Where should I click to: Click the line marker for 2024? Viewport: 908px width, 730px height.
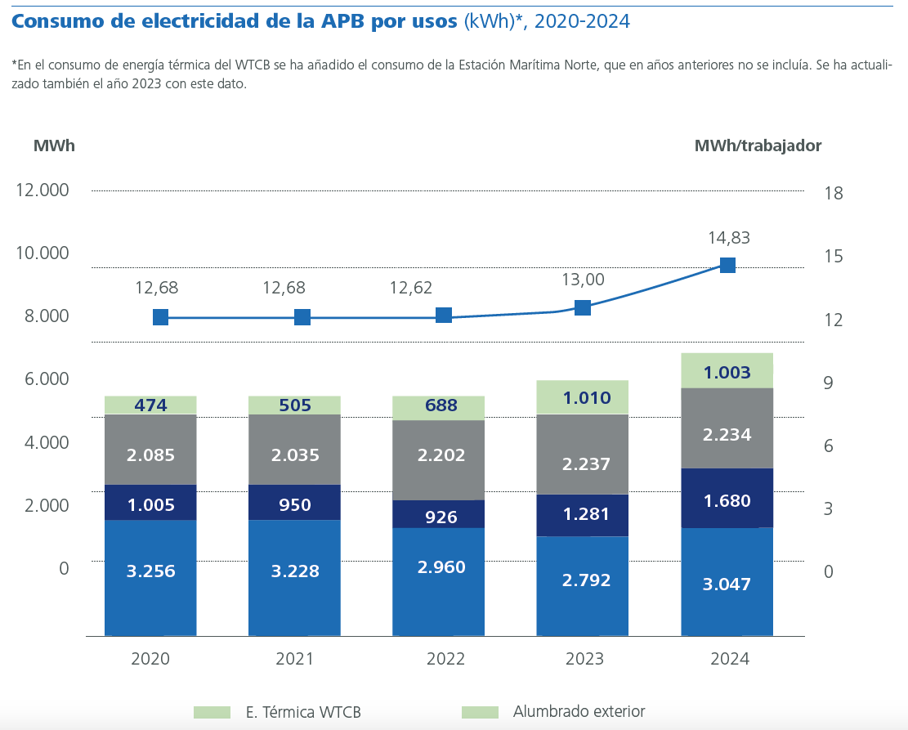click(x=727, y=265)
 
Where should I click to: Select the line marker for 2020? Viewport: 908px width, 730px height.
click(x=160, y=317)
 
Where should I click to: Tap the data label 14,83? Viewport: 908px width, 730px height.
click(x=728, y=238)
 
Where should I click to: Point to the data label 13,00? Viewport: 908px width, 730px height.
click(x=583, y=280)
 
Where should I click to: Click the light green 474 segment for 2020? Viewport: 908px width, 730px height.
click(x=150, y=405)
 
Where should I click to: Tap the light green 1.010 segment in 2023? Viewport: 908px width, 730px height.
click(x=583, y=397)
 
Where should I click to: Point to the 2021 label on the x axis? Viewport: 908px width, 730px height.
click(x=294, y=659)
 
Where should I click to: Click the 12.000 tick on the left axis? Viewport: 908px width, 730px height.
click(x=42, y=190)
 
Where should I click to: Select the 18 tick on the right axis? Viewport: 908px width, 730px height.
click(x=834, y=194)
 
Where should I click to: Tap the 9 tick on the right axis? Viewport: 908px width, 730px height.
click(x=829, y=383)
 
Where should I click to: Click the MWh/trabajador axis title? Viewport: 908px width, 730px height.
click(x=758, y=146)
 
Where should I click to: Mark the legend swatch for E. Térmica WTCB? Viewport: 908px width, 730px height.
click(x=212, y=712)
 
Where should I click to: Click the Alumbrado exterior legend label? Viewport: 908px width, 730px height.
click(x=579, y=711)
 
